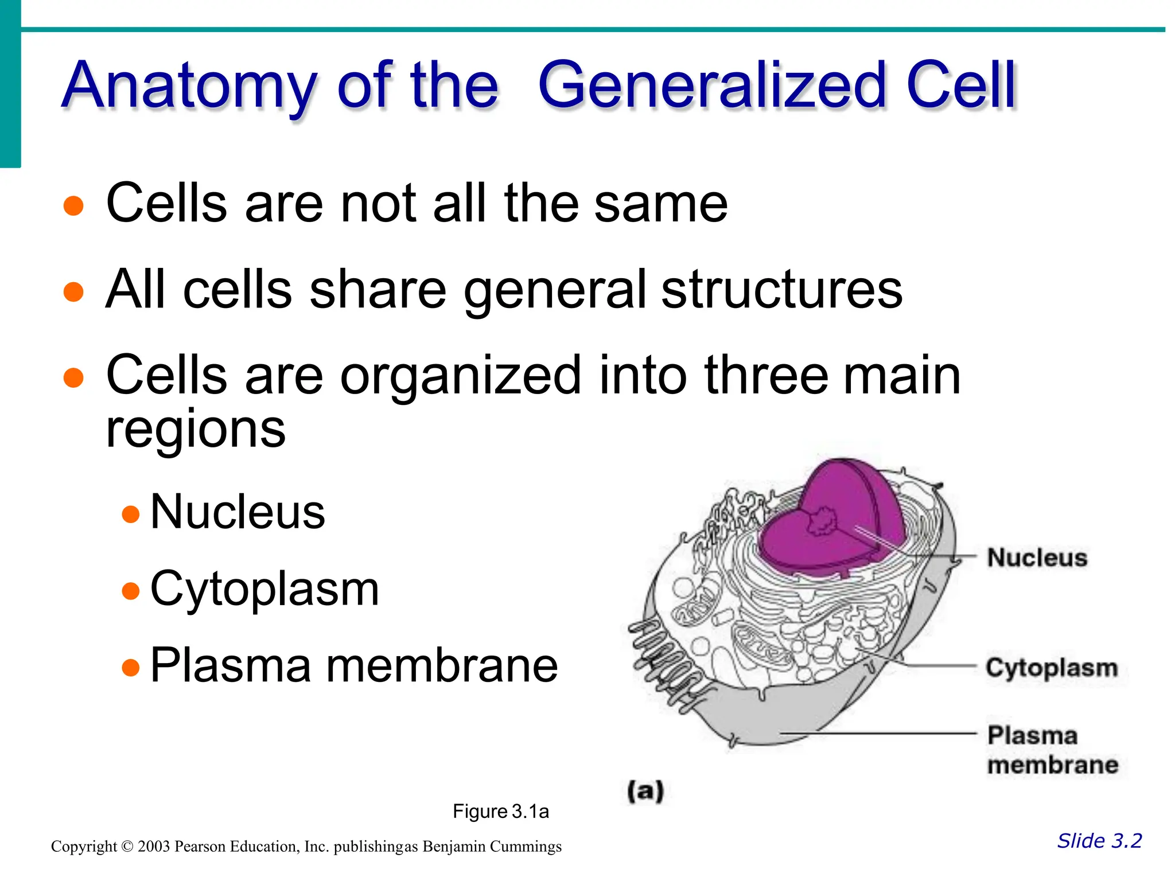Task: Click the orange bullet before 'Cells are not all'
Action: click(73, 205)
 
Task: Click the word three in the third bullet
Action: click(767, 375)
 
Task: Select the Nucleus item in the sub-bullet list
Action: click(237, 512)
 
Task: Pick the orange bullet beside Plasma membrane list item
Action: click(131, 667)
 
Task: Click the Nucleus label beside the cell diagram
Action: click(1037, 558)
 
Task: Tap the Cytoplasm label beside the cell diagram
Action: click(1052, 668)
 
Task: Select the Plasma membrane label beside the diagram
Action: click(1052, 750)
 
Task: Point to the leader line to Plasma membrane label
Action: click(878, 734)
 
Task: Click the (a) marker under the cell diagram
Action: click(645, 792)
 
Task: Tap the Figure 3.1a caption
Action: click(500, 812)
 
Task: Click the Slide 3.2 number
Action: click(1099, 841)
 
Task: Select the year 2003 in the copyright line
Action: click(154, 847)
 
